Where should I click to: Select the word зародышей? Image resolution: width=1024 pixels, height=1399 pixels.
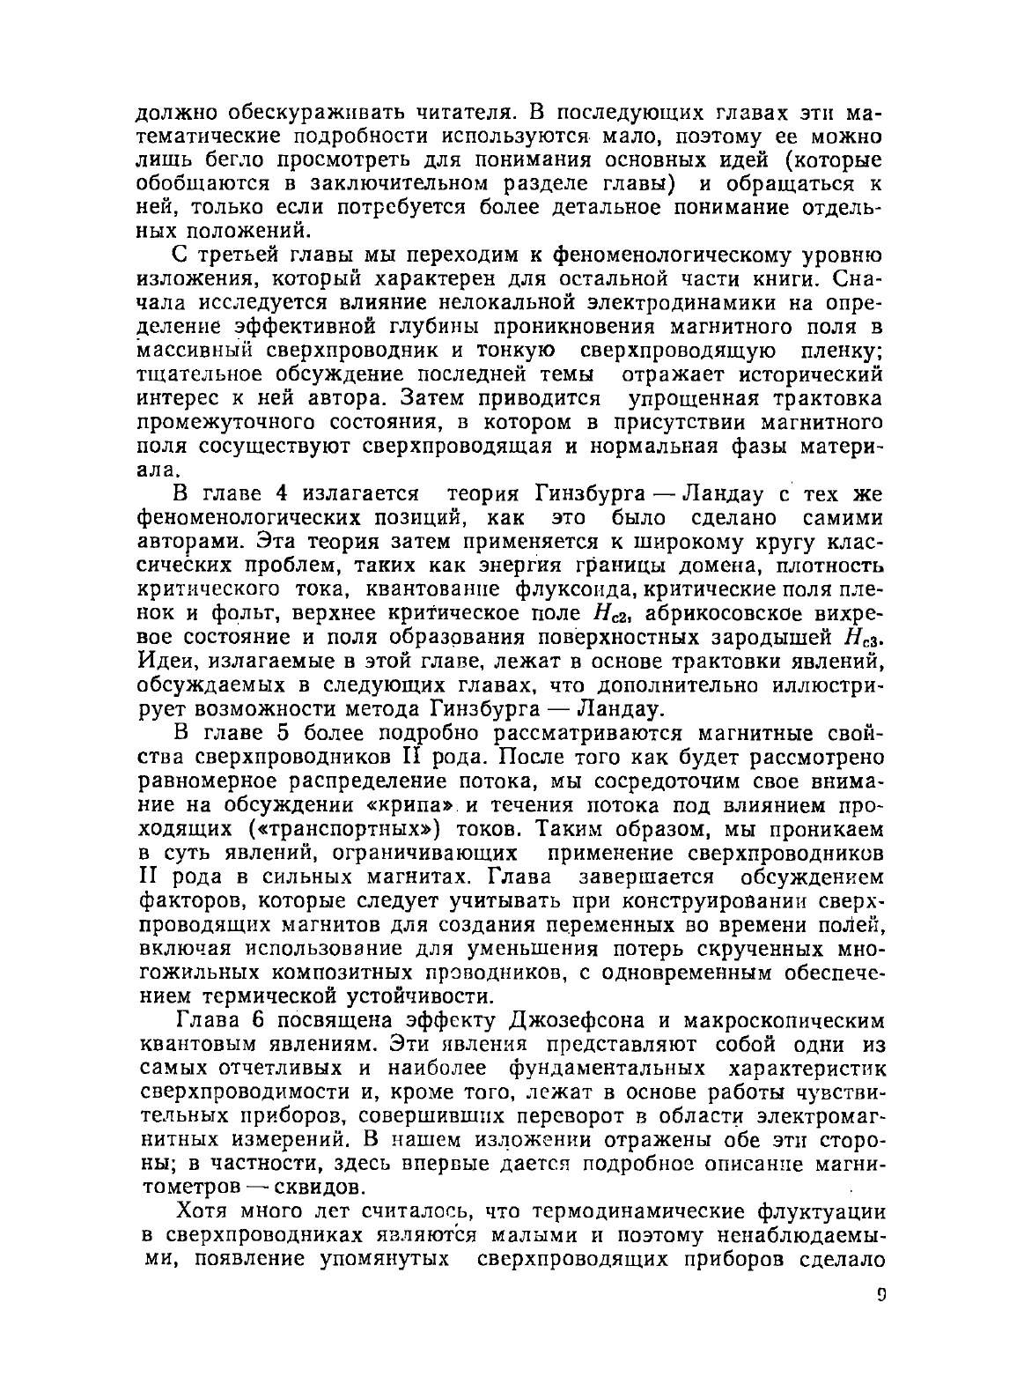click(777, 637)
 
